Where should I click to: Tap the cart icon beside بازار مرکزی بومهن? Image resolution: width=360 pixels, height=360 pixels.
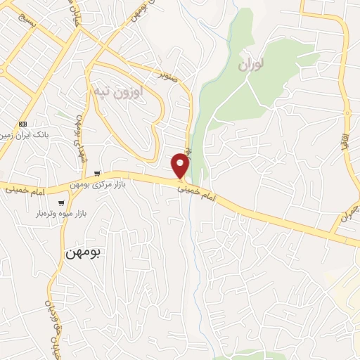tap(97, 174)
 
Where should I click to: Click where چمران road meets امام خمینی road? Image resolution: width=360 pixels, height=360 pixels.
tap(330, 233)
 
